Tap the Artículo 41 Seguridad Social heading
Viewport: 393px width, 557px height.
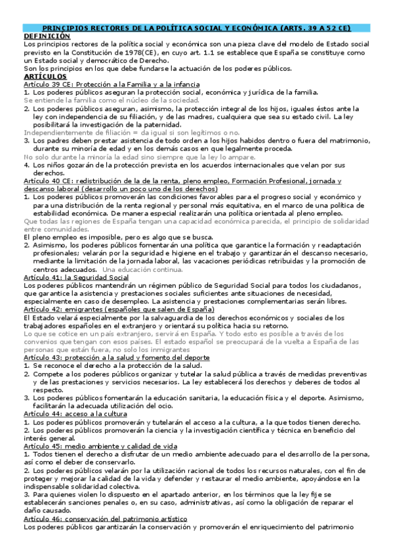pos(75,278)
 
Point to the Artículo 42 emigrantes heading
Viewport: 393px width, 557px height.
pos(118,309)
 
